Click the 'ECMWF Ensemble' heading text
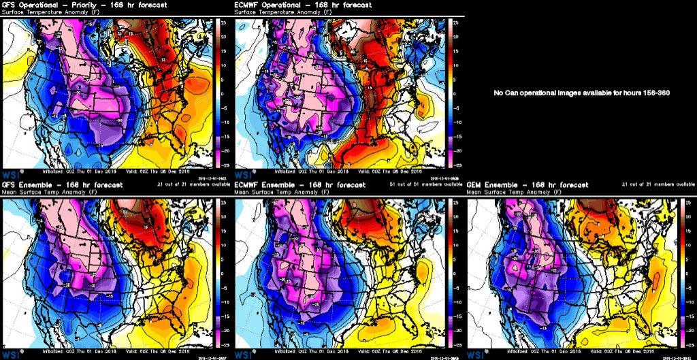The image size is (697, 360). (263, 184)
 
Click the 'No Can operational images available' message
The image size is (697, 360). (581, 93)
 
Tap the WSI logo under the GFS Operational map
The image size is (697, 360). (10, 174)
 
